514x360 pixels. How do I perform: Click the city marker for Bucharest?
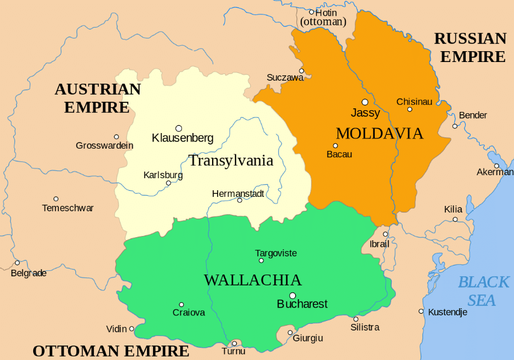coord(293,296)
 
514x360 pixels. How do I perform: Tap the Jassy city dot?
coord(365,102)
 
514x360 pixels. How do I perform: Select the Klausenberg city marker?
coord(178,128)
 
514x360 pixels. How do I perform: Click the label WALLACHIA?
coord(252,280)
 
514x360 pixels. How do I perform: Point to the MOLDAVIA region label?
coord(379,134)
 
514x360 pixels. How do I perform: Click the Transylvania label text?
coord(231,161)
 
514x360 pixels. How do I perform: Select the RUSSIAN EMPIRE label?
coord(470,48)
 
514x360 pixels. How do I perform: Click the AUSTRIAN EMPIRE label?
coord(98,98)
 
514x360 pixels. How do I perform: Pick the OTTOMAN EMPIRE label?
coord(111,351)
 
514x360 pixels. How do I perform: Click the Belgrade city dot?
coord(17,262)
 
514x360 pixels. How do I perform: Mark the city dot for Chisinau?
coord(410,110)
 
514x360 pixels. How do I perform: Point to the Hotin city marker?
coord(312,12)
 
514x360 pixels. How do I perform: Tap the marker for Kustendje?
coord(421,311)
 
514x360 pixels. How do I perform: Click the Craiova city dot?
coord(181,305)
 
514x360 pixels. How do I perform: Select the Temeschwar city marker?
coord(56,199)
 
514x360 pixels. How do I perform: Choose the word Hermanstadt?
coord(238,193)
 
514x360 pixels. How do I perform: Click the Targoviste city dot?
coord(261,261)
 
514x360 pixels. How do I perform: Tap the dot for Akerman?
coord(497,166)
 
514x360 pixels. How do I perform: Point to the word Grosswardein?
coord(104,146)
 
